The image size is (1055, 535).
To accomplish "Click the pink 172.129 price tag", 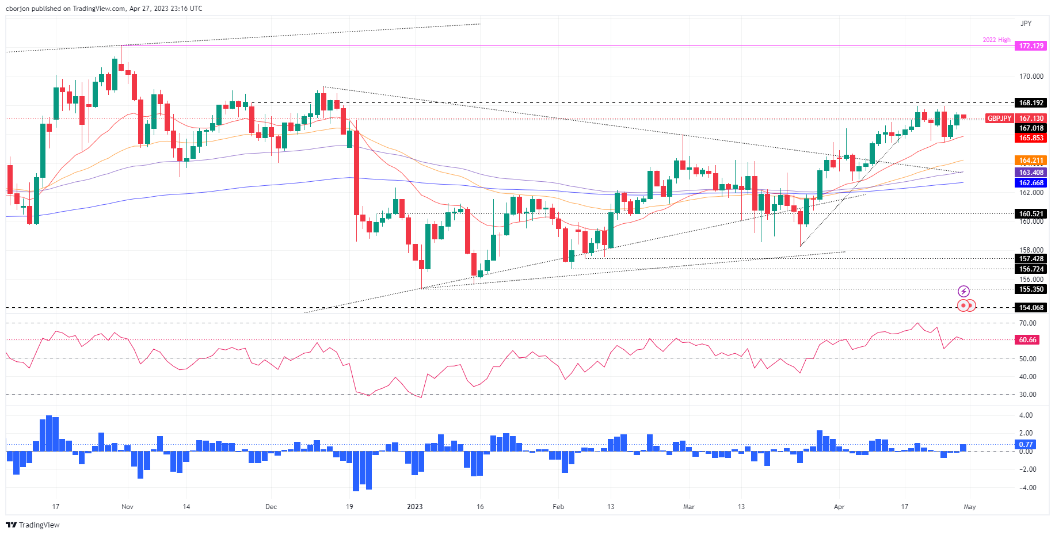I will click(x=1031, y=46).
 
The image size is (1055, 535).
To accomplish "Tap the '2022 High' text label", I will click(x=996, y=40).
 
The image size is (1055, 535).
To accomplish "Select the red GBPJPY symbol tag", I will click(x=999, y=119).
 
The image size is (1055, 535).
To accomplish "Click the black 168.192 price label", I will click(x=1031, y=103).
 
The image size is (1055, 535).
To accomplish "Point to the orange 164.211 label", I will click(x=1031, y=160).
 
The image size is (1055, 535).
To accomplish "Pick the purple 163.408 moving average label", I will click(x=1031, y=173).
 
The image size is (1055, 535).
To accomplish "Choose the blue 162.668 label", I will click(x=1031, y=183).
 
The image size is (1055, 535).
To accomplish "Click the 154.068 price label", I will click(x=1031, y=308).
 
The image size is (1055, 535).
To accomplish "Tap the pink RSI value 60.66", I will click(x=1027, y=340).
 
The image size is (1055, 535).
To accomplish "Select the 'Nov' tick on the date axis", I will click(x=128, y=507).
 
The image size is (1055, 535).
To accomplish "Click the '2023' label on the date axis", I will click(x=414, y=507).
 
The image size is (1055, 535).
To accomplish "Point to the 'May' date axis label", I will click(x=970, y=507).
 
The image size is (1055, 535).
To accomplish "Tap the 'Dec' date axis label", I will click(x=271, y=507).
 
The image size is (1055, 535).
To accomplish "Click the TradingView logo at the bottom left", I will click(x=33, y=525).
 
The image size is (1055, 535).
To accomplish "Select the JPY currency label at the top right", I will click(x=1026, y=24).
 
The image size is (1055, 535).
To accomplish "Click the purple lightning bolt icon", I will click(x=963, y=291).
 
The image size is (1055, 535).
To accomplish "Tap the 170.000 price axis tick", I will click(x=1031, y=77).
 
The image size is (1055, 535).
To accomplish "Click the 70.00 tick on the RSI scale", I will click(x=1027, y=323).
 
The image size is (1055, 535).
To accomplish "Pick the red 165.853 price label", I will click(x=1031, y=138).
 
